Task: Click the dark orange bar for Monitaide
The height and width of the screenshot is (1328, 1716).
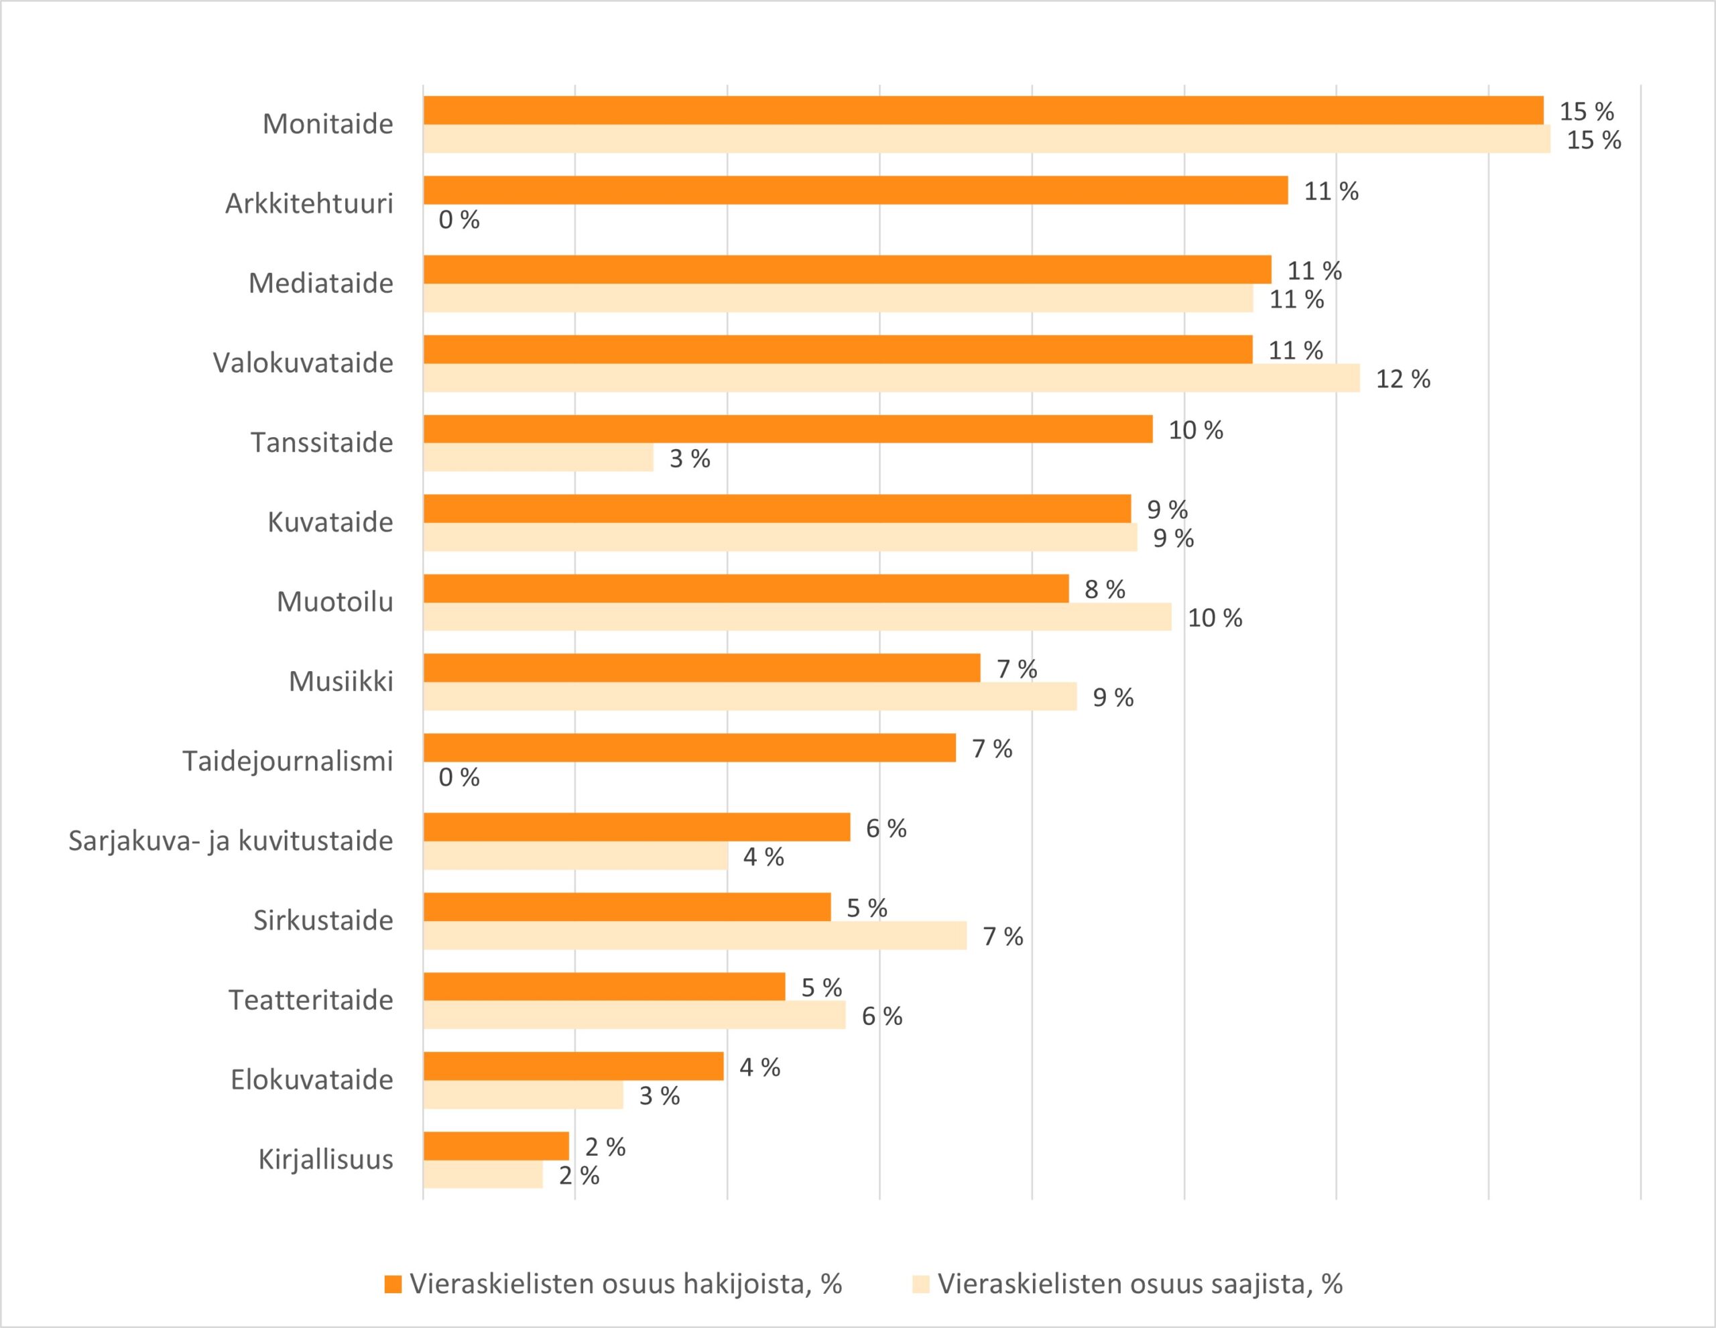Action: point(982,111)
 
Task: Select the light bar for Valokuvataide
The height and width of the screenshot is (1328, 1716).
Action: point(891,378)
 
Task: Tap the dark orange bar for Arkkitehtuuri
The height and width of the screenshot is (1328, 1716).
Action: point(855,190)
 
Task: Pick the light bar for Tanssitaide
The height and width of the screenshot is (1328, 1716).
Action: point(538,457)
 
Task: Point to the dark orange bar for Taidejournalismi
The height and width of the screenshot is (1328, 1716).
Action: point(689,747)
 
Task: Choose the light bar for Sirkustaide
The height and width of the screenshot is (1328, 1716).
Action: point(694,935)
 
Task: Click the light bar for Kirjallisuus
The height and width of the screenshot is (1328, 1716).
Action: point(483,1174)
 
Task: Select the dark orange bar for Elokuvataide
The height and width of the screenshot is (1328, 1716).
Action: point(573,1067)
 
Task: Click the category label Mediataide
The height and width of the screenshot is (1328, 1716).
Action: point(320,284)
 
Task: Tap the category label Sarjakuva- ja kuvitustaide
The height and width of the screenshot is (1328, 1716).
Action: point(230,841)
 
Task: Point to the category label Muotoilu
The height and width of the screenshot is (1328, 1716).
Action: point(334,602)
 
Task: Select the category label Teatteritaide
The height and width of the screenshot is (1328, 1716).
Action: point(310,1000)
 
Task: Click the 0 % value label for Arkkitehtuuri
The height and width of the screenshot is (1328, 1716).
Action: point(459,220)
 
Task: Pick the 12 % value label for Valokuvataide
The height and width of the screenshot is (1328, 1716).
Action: point(1402,379)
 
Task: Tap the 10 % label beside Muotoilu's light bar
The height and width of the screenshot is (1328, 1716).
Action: point(1215,619)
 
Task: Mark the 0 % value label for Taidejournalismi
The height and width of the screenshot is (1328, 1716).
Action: point(459,778)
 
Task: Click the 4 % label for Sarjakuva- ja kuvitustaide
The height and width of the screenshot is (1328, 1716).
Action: point(763,857)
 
